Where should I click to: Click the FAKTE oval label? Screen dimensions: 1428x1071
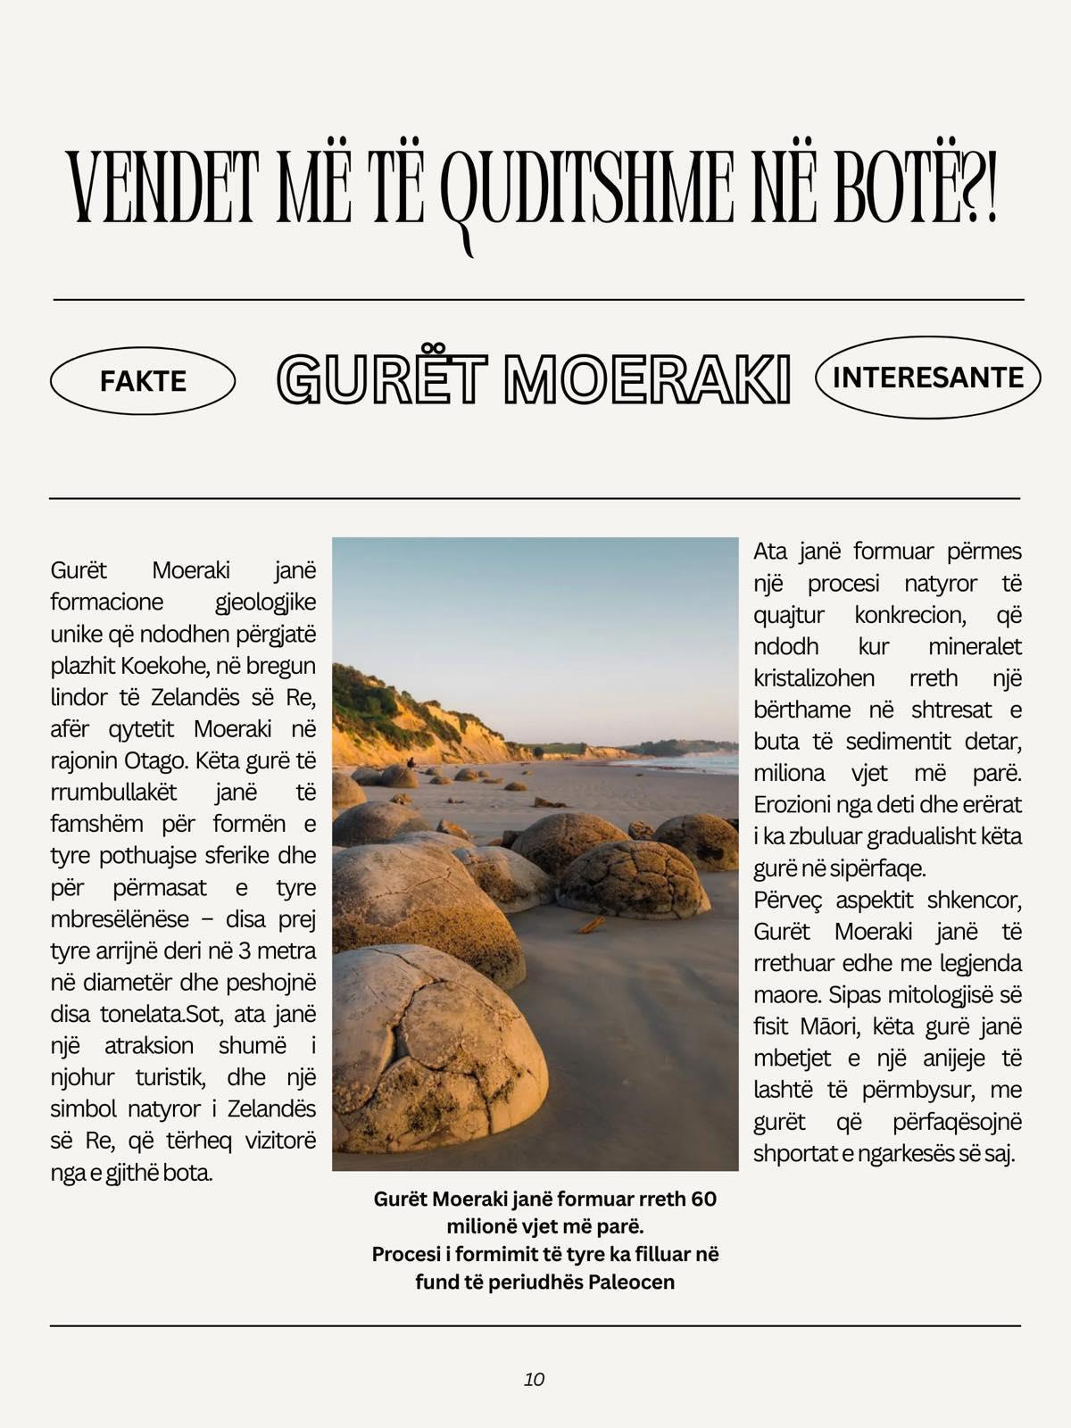[x=143, y=381]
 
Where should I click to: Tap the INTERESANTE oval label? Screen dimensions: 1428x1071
[x=927, y=378]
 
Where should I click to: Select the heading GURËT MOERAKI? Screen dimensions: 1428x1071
[x=534, y=379]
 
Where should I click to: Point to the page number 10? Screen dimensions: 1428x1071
[x=534, y=1379]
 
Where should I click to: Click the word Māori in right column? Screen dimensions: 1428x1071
[x=827, y=1026]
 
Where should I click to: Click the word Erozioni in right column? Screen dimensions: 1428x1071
[x=793, y=805]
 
